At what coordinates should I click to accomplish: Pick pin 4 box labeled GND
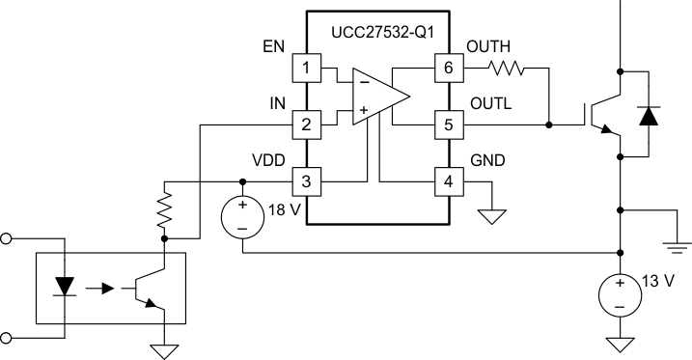point(448,180)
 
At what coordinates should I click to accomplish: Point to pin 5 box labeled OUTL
point(448,125)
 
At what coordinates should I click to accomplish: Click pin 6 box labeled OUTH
point(448,69)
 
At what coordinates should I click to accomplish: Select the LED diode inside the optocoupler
point(66,287)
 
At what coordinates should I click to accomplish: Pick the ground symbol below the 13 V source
point(619,344)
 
